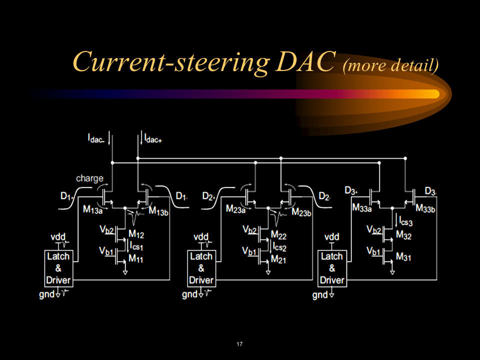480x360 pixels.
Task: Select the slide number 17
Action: point(239,344)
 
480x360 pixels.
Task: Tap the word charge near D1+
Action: point(89,178)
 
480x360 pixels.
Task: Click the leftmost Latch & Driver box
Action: point(58,268)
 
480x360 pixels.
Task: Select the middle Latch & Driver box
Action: point(201,268)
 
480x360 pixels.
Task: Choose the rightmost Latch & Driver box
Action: point(332,268)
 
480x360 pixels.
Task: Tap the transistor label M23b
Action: point(301,212)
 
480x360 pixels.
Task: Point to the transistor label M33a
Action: point(362,207)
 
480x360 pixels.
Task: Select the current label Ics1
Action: point(137,245)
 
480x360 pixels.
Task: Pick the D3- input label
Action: point(430,191)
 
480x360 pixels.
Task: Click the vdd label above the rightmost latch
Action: point(332,236)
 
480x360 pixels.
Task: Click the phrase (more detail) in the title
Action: point(390,65)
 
